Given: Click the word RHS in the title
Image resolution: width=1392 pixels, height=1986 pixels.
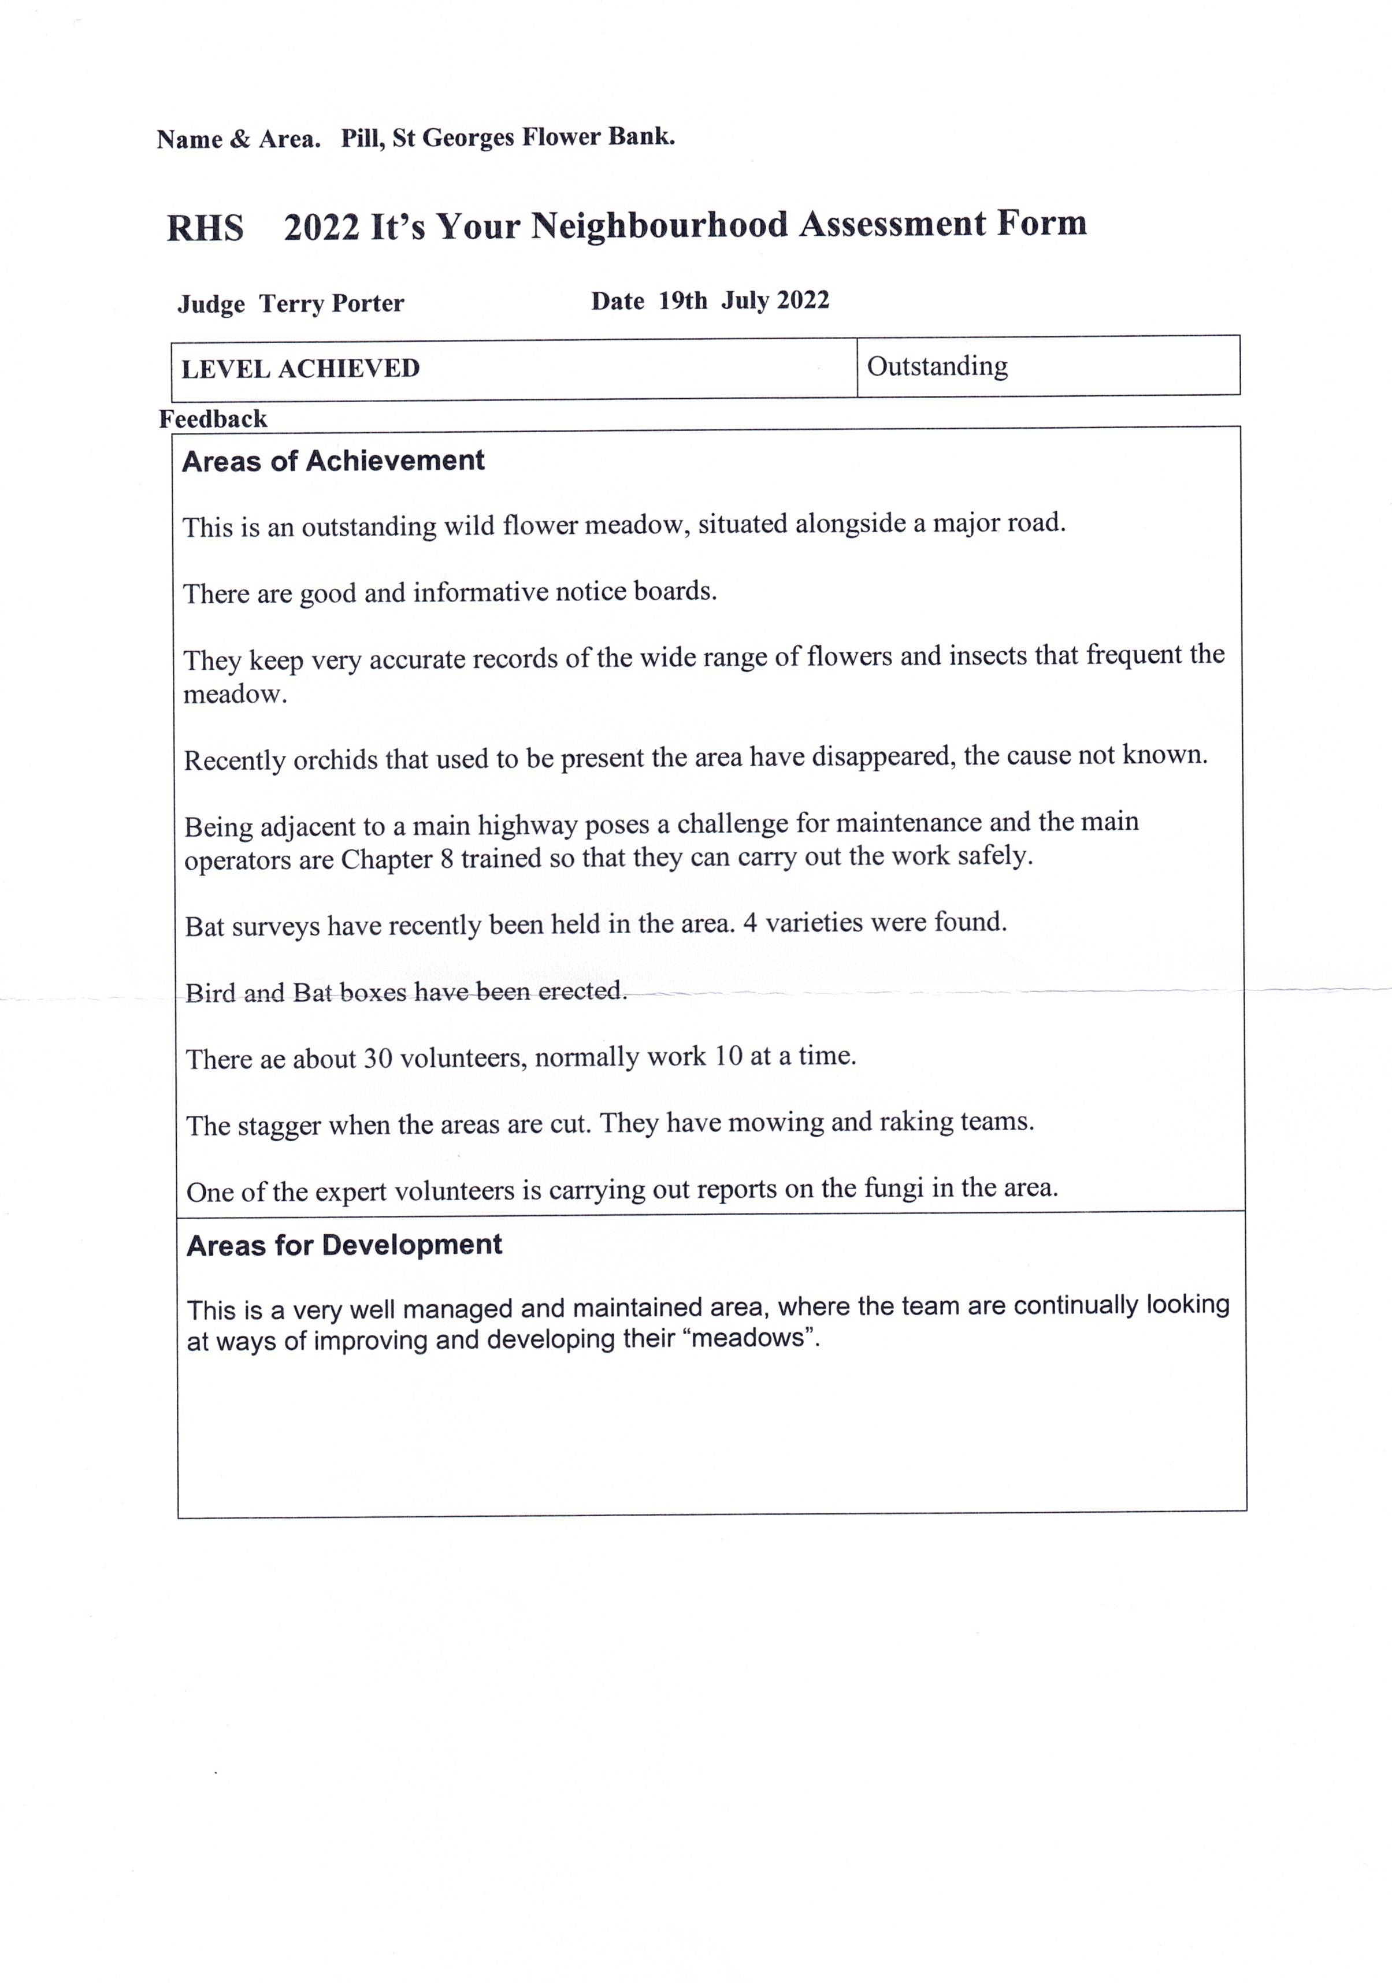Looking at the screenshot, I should point(205,228).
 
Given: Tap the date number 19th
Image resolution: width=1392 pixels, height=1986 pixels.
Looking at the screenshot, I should point(682,301).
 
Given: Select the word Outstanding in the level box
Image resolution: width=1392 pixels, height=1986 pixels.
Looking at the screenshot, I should point(937,367).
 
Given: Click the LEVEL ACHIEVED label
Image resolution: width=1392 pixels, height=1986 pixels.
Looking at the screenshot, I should point(300,369).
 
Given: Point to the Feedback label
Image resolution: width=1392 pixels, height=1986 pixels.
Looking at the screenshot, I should point(213,420).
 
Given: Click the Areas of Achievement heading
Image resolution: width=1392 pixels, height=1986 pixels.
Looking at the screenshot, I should point(333,461).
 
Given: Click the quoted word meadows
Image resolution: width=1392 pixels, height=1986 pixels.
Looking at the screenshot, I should point(749,1339).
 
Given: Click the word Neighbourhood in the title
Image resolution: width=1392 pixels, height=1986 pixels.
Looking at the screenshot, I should point(659,226).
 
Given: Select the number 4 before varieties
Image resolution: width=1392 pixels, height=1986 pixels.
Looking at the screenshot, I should point(750,923).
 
